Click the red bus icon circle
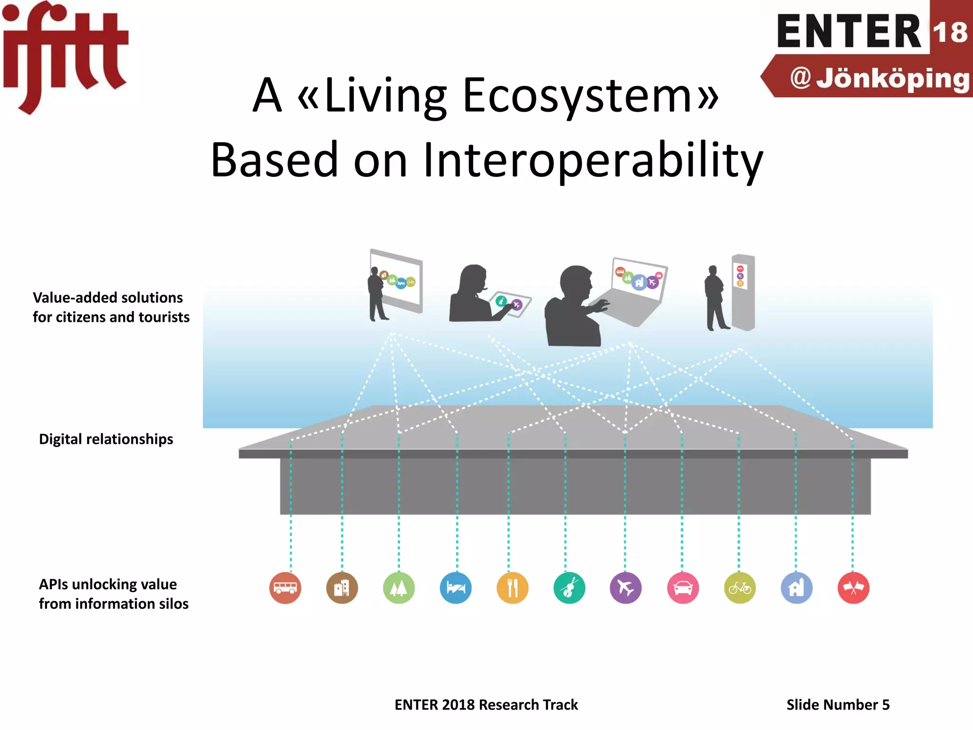(x=285, y=588)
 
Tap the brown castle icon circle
(x=342, y=588)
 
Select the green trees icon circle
(x=399, y=588)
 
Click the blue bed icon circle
(x=456, y=588)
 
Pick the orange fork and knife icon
(x=512, y=588)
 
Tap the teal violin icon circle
(x=569, y=588)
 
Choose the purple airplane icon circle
(x=626, y=588)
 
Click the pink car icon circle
(x=683, y=588)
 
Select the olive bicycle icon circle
(x=740, y=588)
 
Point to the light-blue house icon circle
(x=797, y=588)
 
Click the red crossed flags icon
(x=853, y=588)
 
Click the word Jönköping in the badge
(x=892, y=78)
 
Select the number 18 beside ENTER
(x=950, y=32)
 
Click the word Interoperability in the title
(x=592, y=160)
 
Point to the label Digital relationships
(x=106, y=439)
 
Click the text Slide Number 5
(x=838, y=704)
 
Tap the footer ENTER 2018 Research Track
(x=486, y=704)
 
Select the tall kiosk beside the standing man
(x=743, y=292)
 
